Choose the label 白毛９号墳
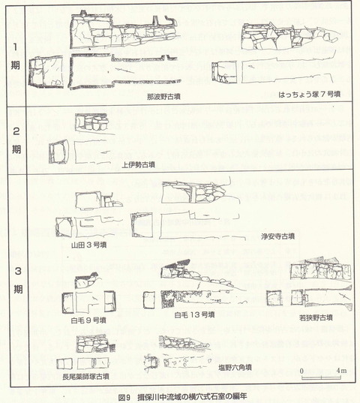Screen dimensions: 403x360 [88, 320]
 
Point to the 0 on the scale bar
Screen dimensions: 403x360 [301, 371]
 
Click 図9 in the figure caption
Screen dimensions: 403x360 [124, 395]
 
